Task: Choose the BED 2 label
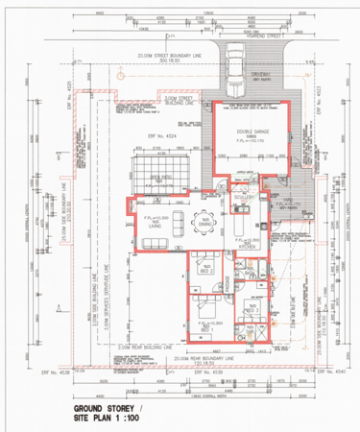tap(205, 271)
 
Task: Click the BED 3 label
tap(252, 310)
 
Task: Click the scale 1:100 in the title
tap(142, 420)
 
